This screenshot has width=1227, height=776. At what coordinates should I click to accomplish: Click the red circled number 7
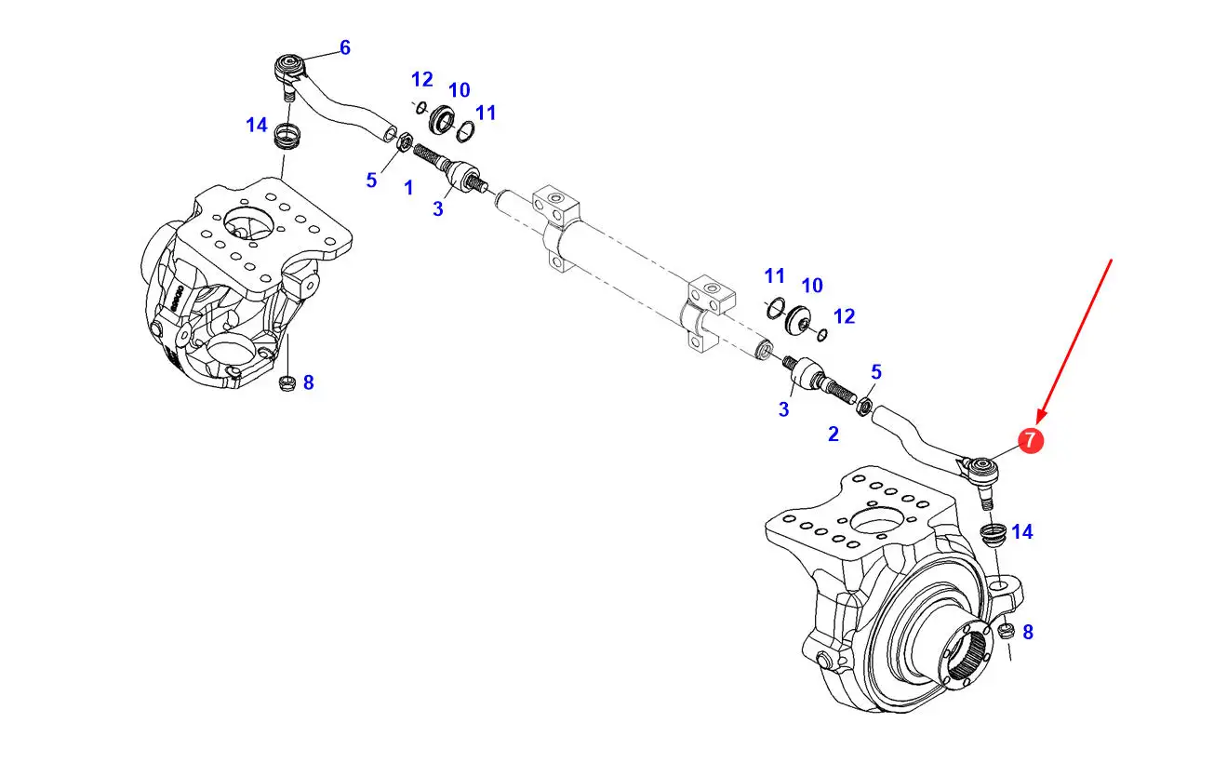1031,440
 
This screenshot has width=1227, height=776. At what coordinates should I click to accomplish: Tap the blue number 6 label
344,47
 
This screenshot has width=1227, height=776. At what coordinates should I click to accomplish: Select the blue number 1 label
408,188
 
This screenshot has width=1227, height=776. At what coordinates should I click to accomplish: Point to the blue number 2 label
834,434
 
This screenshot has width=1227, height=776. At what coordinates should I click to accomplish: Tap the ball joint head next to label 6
289,68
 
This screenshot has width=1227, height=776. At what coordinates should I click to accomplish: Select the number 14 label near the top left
257,125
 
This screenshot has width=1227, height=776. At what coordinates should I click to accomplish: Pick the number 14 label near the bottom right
1022,531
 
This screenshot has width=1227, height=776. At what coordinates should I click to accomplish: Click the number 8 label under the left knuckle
309,382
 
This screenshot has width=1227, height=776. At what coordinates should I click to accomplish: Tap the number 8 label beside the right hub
1028,632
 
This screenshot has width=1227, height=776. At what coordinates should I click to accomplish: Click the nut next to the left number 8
287,383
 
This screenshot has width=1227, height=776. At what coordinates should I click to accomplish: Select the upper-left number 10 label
459,90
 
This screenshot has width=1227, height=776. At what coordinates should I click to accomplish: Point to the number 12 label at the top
421,79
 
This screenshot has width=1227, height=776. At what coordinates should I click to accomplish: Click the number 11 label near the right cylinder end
775,275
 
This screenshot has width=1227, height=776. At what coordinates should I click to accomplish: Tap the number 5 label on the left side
371,181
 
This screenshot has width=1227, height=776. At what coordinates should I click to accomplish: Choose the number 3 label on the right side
784,409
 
